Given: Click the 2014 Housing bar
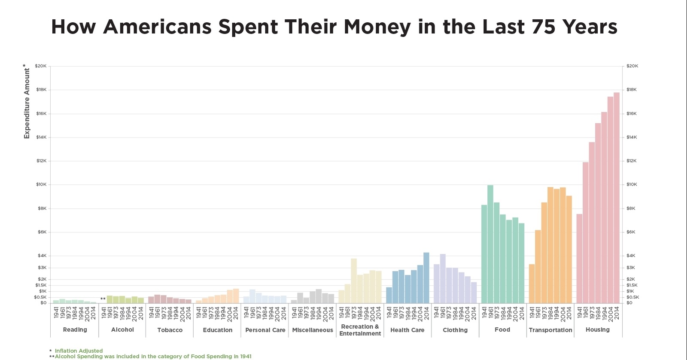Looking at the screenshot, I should click(x=617, y=198).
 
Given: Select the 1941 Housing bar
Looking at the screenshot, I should click(x=579, y=258).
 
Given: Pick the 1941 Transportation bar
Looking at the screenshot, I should click(x=532, y=284).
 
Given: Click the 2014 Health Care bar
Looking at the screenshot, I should click(x=426, y=278).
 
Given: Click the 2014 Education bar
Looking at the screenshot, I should click(x=236, y=296).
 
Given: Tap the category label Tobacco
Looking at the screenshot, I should click(x=170, y=330).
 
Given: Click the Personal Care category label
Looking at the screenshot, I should click(x=265, y=330).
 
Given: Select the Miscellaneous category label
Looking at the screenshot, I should click(x=313, y=330).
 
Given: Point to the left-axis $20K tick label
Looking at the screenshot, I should click(x=41, y=66).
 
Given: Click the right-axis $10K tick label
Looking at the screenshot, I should click(x=632, y=185).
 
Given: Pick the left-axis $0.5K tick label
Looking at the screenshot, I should click(x=40, y=297).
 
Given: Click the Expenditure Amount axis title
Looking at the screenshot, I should click(x=27, y=103).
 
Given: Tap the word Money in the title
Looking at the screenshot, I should click(x=377, y=27).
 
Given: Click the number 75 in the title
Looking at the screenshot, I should click(x=544, y=27).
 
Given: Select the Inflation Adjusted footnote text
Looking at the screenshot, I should click(x=79, y=351).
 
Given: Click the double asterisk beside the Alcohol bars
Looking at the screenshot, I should click(x=103, y=299).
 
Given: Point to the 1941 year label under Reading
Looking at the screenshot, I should click(x=56, y=312).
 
